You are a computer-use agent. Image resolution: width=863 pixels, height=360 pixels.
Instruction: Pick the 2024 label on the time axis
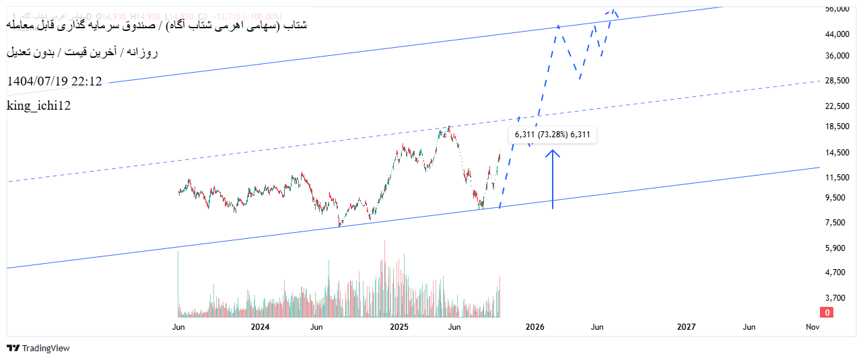(260, 327)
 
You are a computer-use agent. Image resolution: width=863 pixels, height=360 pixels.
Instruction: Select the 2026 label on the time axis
(534, 327)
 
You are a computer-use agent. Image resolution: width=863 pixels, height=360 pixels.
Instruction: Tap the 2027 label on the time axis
(686, 327)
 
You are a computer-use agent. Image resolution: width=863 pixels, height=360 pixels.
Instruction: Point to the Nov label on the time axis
(813, 327)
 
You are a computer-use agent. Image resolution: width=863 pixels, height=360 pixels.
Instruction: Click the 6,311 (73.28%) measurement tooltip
(552, 135)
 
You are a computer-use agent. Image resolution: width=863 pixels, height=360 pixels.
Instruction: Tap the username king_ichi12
(39, 106)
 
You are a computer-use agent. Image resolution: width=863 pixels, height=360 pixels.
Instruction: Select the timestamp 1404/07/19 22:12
(55, 81)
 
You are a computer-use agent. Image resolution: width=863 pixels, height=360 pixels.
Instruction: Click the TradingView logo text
(38, 348)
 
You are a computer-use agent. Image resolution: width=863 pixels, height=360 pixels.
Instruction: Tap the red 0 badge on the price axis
(827, 312)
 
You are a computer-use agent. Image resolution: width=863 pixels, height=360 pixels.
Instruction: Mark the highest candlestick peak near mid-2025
(449, 126)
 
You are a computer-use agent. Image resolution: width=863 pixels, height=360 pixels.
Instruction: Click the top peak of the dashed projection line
(613, 10)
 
